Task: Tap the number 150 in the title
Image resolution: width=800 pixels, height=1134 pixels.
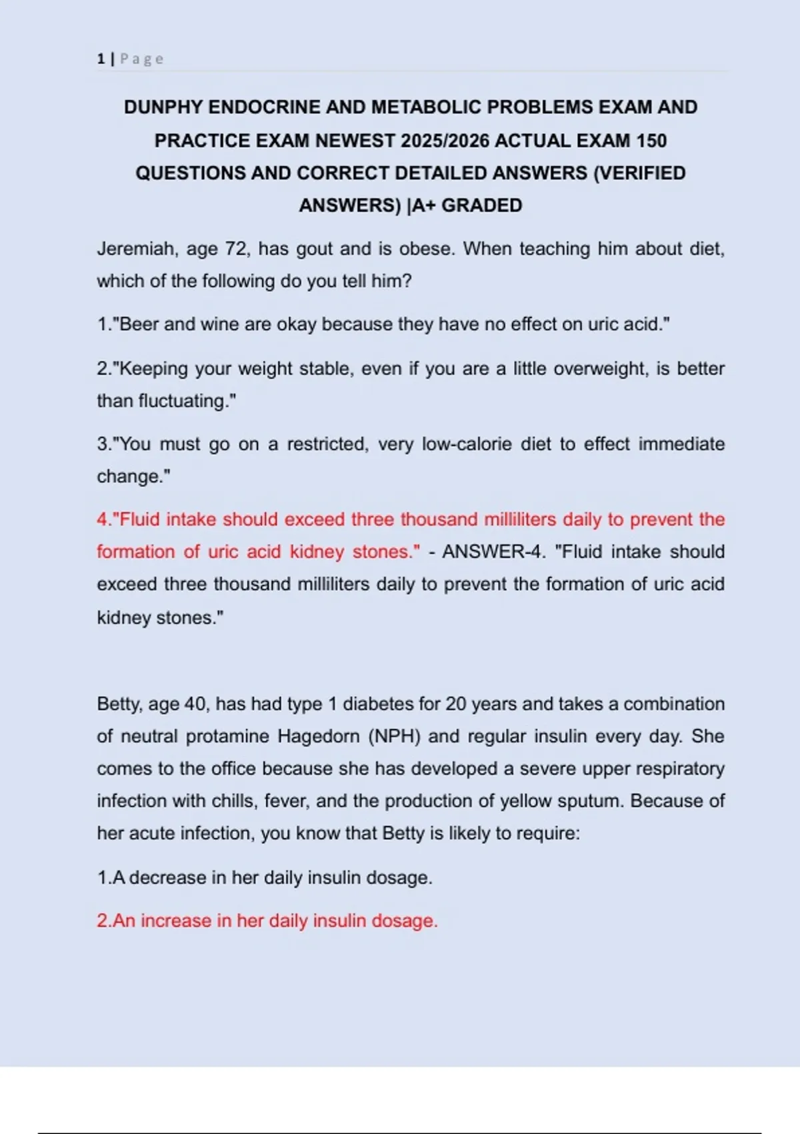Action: (x=651, y=141)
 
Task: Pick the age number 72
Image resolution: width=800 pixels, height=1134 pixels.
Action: (x=236, y=249)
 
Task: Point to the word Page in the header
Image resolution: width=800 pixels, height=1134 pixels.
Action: (x=141, y=59)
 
